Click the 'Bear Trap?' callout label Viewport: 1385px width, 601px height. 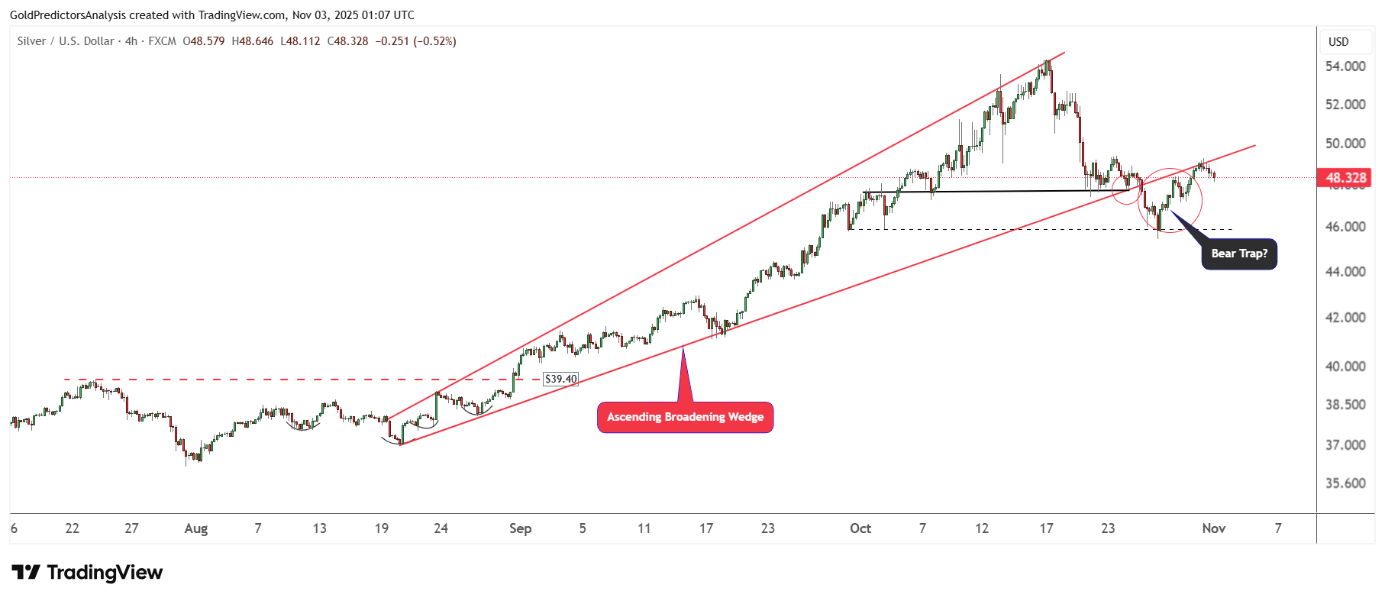(1238, 254)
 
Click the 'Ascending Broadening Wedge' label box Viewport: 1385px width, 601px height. (685, 417)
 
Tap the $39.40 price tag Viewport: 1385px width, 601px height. (560, 379)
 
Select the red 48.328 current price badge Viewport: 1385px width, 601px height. (1345, 178)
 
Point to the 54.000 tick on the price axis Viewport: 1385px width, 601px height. (1345, 66)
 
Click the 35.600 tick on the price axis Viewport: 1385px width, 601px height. (1345, 483)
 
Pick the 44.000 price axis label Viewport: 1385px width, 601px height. (1345, 272)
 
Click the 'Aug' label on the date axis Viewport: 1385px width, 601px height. (196, 528)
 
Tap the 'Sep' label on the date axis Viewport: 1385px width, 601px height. (520, 528)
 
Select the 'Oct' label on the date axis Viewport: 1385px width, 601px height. (860, 528)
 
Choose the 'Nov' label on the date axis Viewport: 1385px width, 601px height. (1213, 528)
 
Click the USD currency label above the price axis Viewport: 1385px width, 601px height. (1338, 42)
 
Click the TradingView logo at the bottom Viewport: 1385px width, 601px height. (87, 573)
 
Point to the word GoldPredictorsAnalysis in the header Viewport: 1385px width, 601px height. (68, 15)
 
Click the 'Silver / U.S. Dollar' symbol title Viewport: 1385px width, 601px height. (66, 41)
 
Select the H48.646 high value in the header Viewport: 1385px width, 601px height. (252, 41)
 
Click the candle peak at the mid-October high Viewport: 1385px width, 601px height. (1048, 61)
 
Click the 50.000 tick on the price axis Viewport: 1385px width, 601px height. (1345, 144)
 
